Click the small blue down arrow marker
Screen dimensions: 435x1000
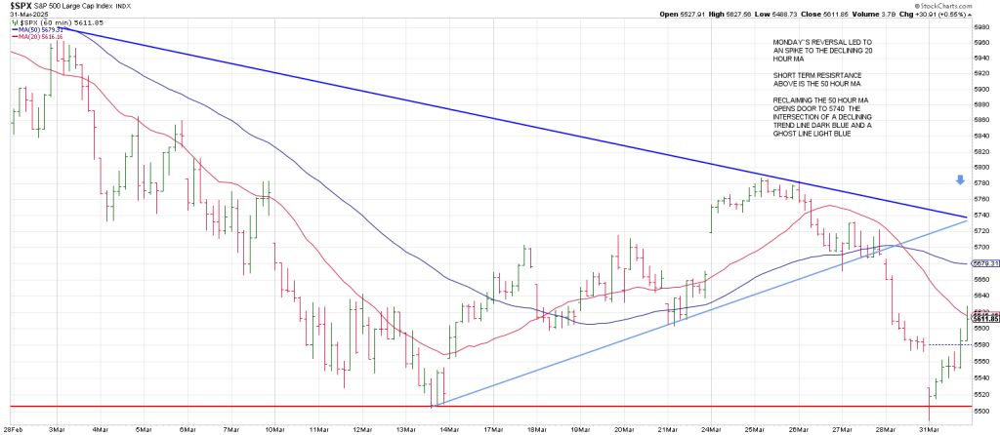click(960, 180)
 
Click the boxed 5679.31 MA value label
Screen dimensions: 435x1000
click(984, 263)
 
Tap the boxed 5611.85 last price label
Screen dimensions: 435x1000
click(984, 318)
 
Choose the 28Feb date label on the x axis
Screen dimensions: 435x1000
click(14, 428)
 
